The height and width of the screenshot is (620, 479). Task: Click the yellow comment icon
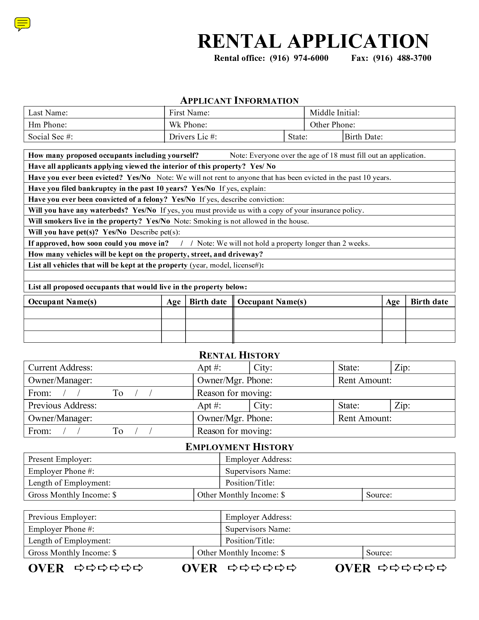22,24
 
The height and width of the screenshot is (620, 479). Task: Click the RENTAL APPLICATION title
313,41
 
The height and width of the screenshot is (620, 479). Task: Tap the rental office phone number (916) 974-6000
299,58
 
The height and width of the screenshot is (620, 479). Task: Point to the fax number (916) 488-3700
402,58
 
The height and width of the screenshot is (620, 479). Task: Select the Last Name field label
48,113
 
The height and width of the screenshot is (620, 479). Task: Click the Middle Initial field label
334,113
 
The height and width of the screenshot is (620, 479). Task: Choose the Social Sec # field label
50,137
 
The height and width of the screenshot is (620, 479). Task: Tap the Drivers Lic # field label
193,137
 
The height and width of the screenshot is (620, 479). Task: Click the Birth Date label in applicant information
364,137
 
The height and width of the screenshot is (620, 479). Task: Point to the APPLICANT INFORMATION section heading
239,101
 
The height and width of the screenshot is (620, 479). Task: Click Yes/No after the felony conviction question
183,200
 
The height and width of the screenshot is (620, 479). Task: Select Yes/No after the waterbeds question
144,210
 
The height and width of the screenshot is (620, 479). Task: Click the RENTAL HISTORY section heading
239,355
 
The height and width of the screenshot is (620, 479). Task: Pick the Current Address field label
60,367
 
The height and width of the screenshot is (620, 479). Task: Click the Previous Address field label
62,405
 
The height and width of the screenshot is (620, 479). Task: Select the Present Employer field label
60,459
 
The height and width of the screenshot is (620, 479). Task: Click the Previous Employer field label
62,517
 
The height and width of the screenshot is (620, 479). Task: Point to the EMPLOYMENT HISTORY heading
239,447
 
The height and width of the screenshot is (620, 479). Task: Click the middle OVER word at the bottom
199,568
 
